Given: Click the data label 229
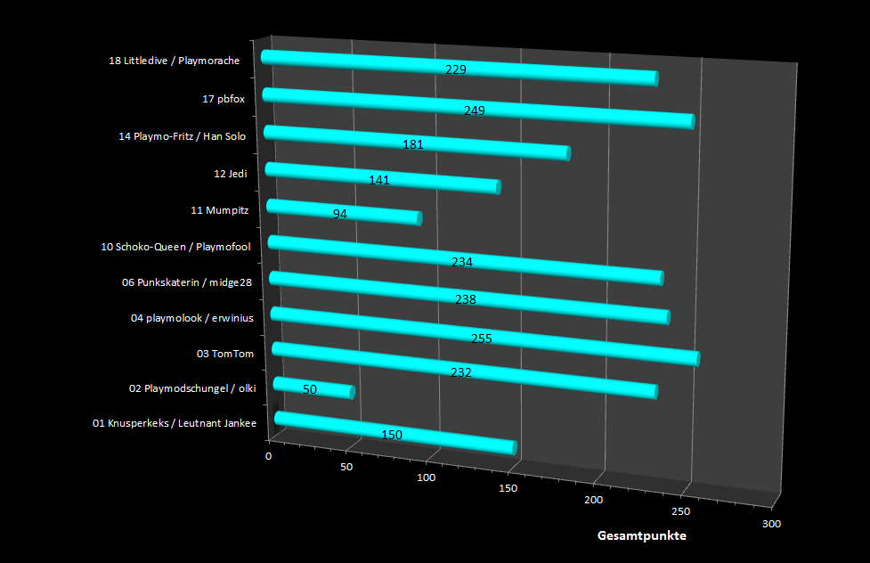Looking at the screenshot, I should pos(456,69).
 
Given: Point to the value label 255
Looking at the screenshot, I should pos(481,339).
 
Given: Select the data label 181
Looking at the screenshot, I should pos(412,144).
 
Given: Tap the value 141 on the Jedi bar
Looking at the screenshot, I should pos(379,180).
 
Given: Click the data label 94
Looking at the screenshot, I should pos(340,214).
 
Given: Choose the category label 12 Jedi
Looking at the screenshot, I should pos(231,174).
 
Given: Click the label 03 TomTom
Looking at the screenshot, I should pos(225,354).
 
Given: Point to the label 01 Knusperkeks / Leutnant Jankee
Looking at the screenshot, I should pos(175,423).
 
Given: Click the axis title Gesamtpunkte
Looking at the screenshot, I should pos(641,536).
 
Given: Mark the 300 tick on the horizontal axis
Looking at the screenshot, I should pos(771,524).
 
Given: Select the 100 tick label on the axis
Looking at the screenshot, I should pos(426,478).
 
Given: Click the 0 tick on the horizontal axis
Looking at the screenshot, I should pos(269,456).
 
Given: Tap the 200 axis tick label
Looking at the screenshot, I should pos(594,501).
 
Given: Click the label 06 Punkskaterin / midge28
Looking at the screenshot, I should pos(188,282).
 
